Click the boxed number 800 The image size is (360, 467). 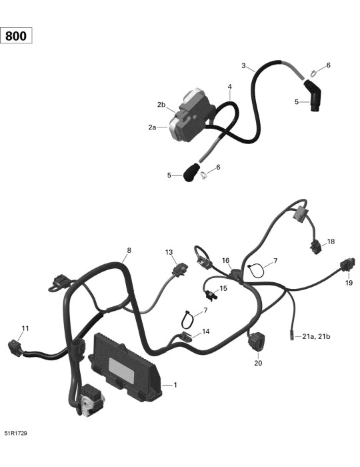(16, 36)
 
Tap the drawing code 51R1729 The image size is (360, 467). (16, 433)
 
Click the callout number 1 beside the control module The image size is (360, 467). (175, 385)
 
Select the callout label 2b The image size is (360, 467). (161, 105)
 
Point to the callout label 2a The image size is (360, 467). (152, 127)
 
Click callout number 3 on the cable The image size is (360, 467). (244, 65)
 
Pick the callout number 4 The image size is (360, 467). (230, 87)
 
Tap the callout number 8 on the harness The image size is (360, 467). (129, 250)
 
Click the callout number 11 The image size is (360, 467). (25, 328)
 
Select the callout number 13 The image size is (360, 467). (169, 252)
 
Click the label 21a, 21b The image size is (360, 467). (316, 336)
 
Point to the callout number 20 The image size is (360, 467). (258, 363)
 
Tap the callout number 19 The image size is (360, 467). (349, 283)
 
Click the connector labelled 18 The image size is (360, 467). (316, 247)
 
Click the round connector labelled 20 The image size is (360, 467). (255, 341)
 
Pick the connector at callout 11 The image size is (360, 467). (15, 348)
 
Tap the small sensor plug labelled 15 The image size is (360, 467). (211, 296)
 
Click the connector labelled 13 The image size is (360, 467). (180, 269)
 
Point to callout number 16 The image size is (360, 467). (226, 261)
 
